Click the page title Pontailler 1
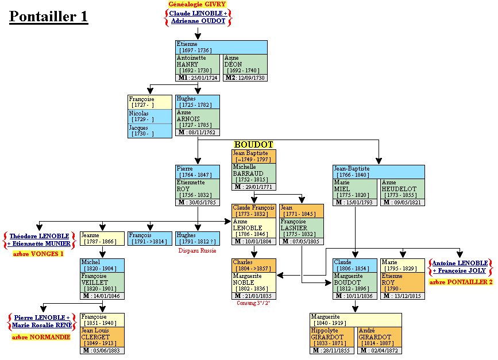coord(49,17)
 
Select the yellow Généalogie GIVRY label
coord(197,4)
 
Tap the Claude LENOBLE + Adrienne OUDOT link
coord(198,17)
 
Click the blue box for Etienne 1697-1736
coord(221,47)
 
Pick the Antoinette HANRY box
coord(198,64)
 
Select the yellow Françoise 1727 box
coord(149,102)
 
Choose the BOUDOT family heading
coord(253,145)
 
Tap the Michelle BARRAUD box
coord(253,173)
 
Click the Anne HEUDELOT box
coord(402,188)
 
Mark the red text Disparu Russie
coord(197,250)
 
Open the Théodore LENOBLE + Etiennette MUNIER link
coord(40,239)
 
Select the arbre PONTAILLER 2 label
coord(461,281)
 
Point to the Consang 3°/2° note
coord(253,303)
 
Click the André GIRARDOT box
coord(379,336)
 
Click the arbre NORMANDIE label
coord(41,337)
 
